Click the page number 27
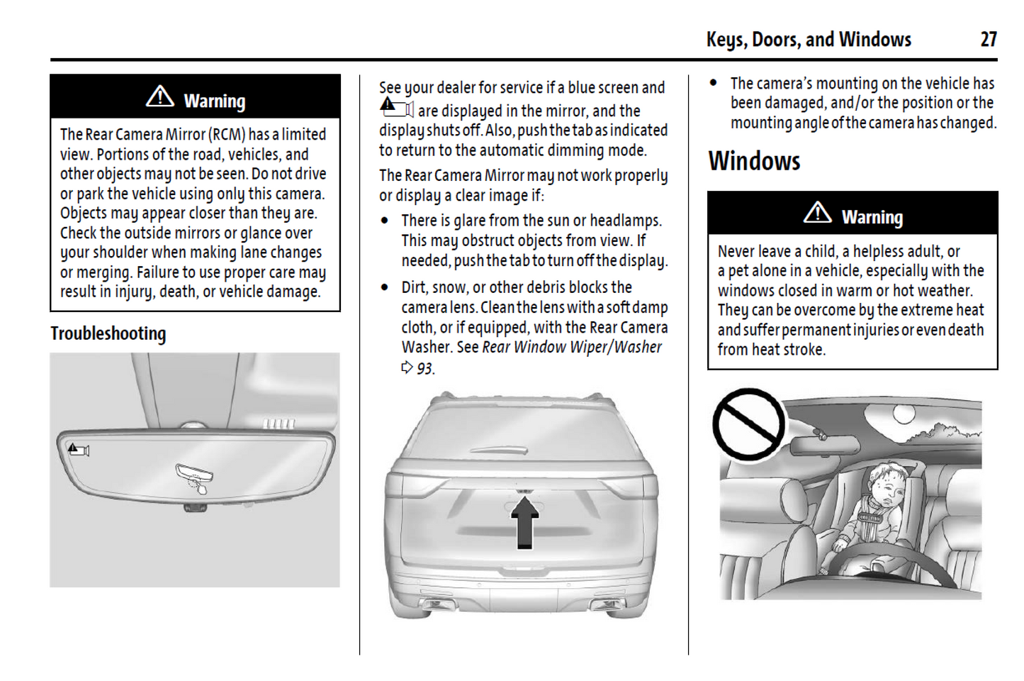[x=989, y=39]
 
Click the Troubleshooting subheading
[x=108, y=333]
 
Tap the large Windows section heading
[x=754, y=161]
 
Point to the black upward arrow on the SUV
[x=524, y=521]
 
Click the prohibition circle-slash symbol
[x=748, y=424]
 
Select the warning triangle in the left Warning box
[x=160, y=96]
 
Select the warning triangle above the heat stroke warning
[x=817, y=212]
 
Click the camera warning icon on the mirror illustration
[x=79, y=449]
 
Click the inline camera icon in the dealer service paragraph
[x=396, y=108]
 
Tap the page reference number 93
[x=424, y=368]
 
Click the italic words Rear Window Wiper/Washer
[x=571, y=347]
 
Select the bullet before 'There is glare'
[x=385, y=221]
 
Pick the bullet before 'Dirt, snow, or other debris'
[x=385, y=287]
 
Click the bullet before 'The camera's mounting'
[x=714, y=83]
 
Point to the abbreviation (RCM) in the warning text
[x=226, y=134]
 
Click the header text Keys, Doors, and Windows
[x=809, y=39]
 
